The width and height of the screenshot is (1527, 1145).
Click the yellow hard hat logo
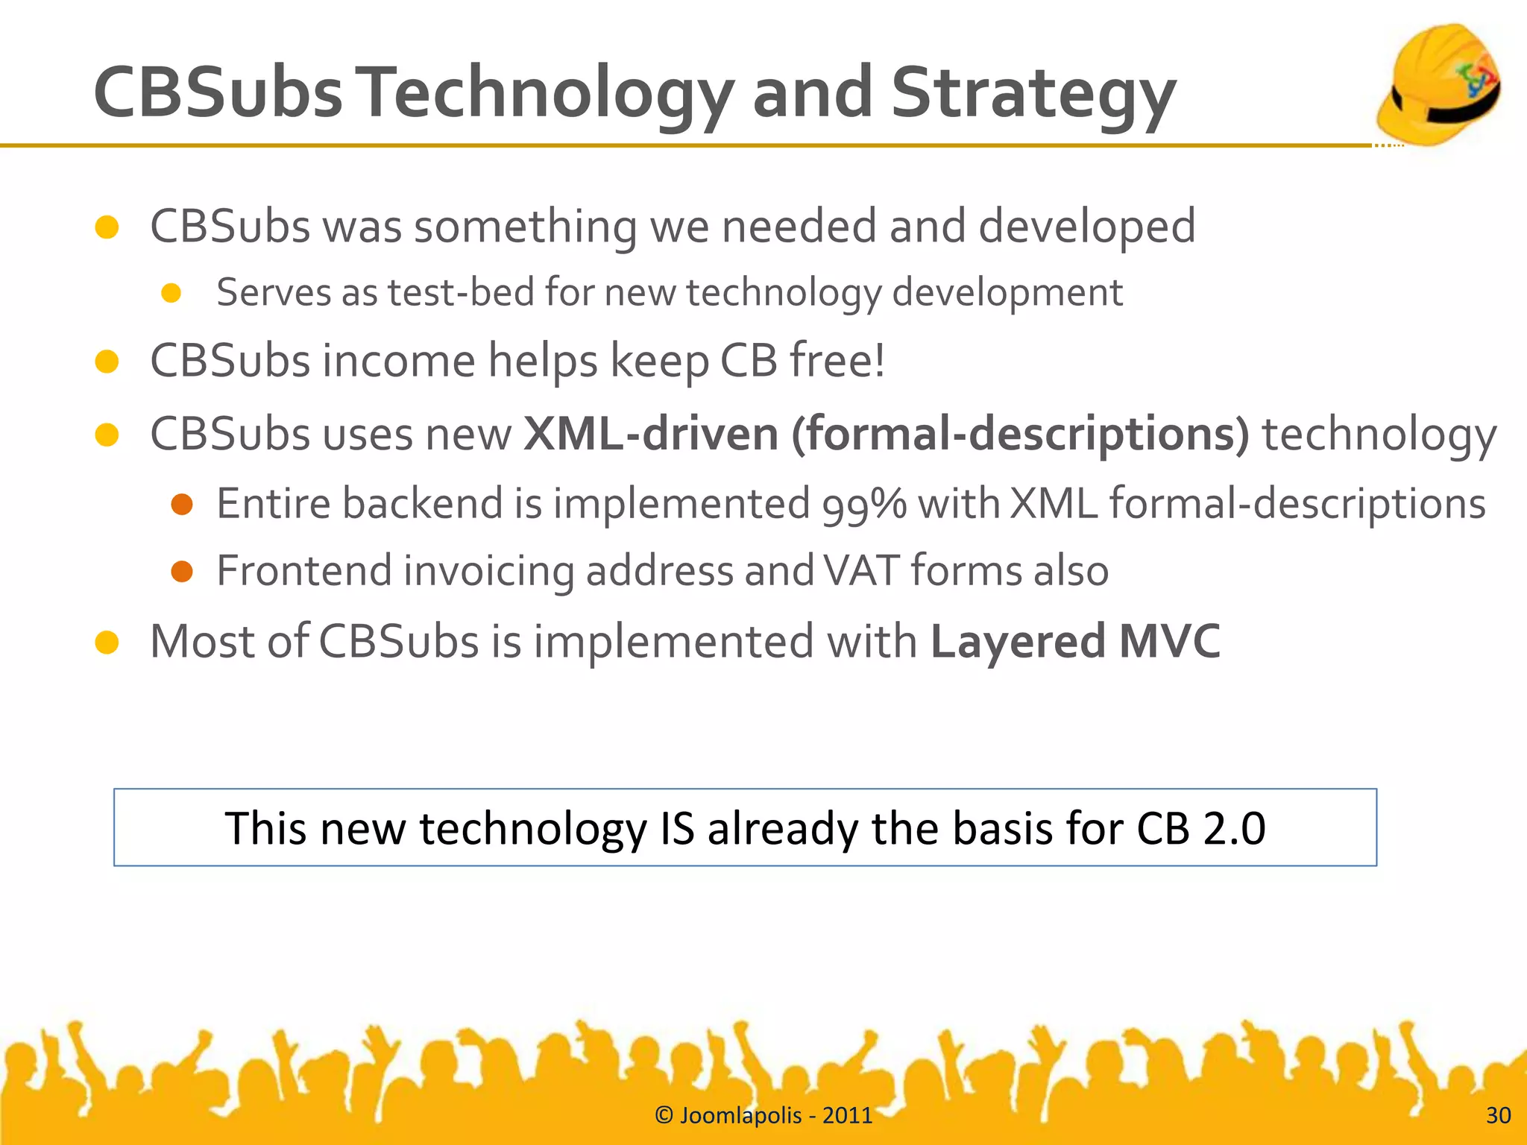click(1439, 83)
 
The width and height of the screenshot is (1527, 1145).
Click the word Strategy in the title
click(1033, 93)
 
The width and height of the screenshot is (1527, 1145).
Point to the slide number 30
click(1498, 1115)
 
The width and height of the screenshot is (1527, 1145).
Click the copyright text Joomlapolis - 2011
click(763, 1115)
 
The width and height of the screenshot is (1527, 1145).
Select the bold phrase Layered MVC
click(1075, 641)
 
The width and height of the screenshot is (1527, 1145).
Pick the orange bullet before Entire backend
click(182, 505)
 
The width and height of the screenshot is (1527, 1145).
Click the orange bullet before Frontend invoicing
click(182, 572)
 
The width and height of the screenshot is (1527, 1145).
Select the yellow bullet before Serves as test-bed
click(171, 293)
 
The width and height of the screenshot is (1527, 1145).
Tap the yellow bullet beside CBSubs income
click(107, 362)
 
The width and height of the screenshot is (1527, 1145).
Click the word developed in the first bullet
click(1086, 227)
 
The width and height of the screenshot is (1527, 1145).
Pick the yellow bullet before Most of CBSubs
click(107, 642)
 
